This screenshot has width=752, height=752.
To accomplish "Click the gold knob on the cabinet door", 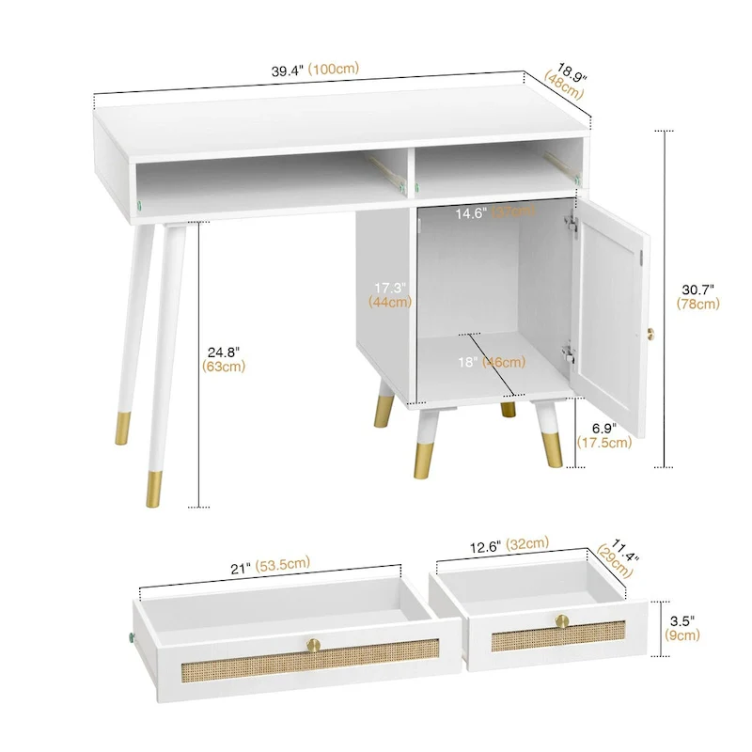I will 649,333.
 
